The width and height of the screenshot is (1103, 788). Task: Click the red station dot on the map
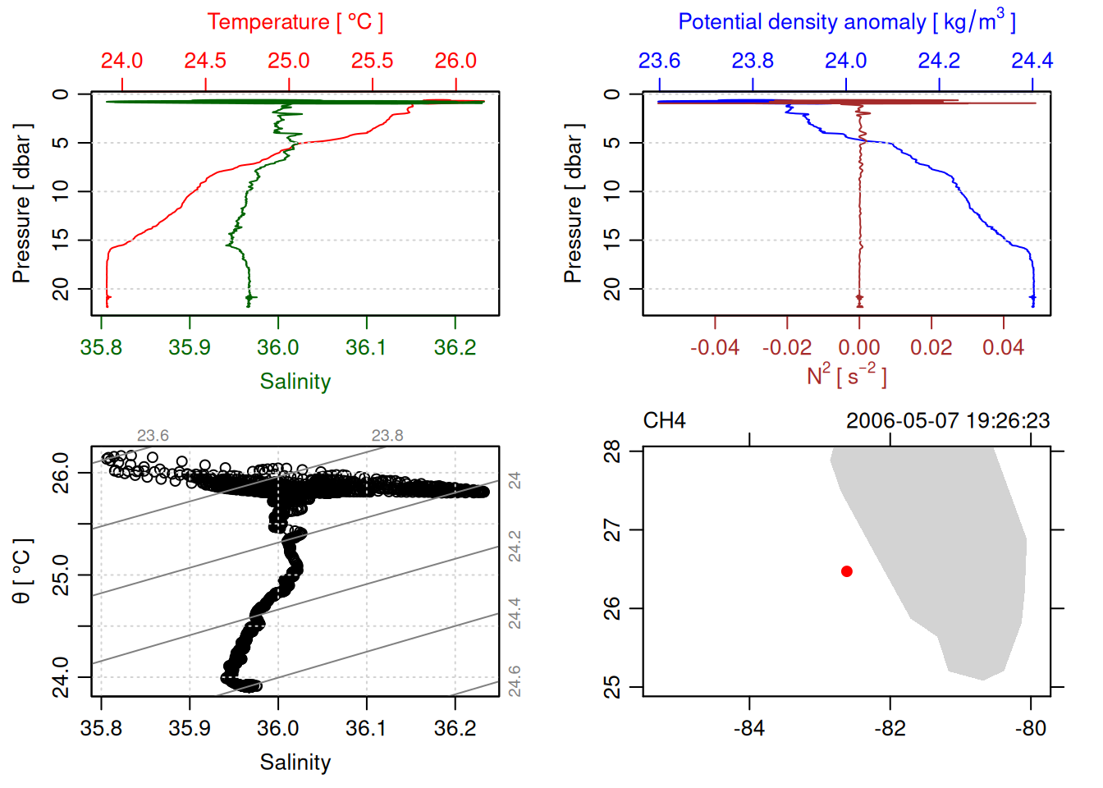pos(847,571)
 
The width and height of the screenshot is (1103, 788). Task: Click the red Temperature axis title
pos(295,22)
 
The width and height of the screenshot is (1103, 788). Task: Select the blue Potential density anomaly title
pos(846,22)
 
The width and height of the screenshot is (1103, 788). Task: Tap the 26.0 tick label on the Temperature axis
pos(455,61)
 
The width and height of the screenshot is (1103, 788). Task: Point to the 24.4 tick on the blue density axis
pos(1032,61)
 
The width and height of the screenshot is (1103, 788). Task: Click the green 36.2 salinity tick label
pos(455,347)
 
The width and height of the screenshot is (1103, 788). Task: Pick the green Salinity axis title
pos(295,382)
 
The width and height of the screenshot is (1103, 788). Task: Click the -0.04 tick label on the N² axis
pos(714,347)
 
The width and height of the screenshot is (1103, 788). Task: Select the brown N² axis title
pos(846,375)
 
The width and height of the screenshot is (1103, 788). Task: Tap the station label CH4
pos(664,421)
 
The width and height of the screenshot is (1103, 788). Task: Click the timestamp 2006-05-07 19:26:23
pos(948,421)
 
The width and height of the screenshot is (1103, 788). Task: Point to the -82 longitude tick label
pos(890,728)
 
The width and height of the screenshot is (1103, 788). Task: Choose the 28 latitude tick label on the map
pos(613,451)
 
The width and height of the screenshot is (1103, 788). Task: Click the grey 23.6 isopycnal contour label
pos(153,436)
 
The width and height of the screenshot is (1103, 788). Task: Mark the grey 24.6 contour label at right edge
pos(515,680)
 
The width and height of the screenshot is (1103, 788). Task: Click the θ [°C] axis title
pos(22,571)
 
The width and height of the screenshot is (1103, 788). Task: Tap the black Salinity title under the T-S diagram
pos(295,763)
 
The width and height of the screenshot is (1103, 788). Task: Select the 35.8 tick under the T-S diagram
pos(101,728)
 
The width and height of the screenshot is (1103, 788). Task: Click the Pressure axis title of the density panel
pos(573,204)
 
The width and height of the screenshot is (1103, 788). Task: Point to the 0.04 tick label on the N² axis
pos(1003,347)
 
